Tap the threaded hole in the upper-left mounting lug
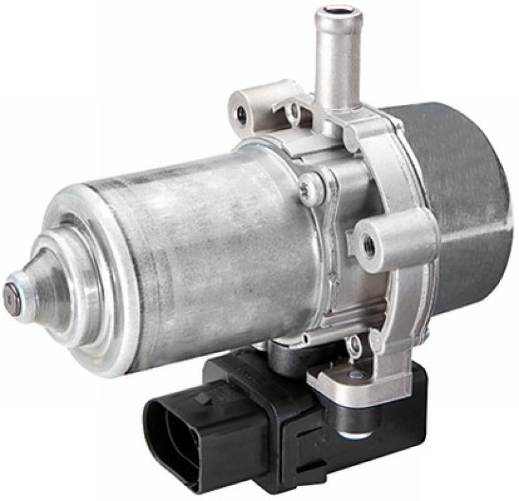click(x=241, y=115)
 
